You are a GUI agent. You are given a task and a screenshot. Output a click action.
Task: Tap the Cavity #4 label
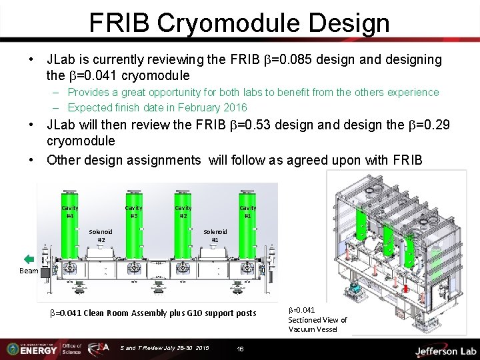pyautogui.click(x=69, y=212)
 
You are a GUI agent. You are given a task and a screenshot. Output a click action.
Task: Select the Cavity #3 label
pyautogui.click(x=133, y=212)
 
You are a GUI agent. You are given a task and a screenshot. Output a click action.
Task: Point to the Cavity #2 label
pyautogui.click(x=183, y=212)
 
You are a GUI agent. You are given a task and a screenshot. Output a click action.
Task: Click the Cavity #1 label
pyautogui.click(x=248, y=212)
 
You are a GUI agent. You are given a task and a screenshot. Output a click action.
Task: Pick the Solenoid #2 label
pyautogui.click(x=101, y=235)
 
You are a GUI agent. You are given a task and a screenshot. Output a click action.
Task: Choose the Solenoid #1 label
pyautogui.click(x=215, y=235)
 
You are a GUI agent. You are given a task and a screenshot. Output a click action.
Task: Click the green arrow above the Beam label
pyautogui.click(x=29, y=259)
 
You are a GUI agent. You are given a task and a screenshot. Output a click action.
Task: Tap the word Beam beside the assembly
pyautogui.click(x=29, y=271)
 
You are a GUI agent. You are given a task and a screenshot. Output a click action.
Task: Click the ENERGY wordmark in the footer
pyautogui.click(x=37, y=349)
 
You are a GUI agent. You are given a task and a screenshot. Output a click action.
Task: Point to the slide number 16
pyautogui.click(x=241, y=349)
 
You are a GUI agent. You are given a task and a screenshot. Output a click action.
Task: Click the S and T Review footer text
pyautogui.click(x=165, y=349)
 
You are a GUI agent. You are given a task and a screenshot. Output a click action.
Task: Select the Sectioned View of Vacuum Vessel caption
pyautogui.click(x=317, y=320)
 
